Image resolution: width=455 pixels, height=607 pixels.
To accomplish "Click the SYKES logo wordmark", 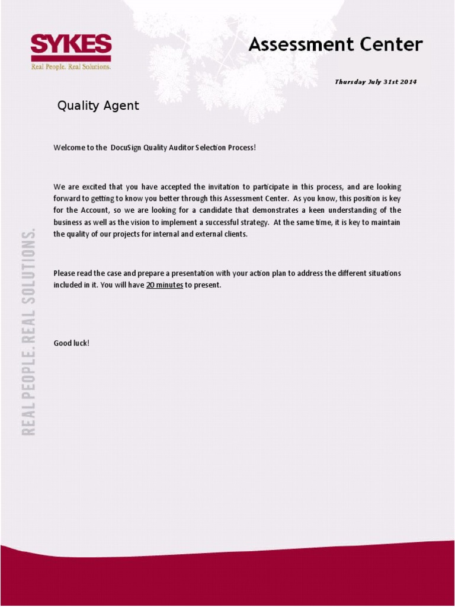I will point(71,44).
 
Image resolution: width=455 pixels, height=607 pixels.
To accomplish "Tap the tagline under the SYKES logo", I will point(71,67).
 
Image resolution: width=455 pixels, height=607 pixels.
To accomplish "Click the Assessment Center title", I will point(335,44).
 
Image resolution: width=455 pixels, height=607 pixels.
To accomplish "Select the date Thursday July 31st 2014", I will point(376,82).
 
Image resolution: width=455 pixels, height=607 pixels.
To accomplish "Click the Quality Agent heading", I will point(98,106).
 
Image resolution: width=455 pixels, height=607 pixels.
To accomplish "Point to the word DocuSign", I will point(126,147).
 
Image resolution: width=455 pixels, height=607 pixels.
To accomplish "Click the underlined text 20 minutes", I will point(165,285).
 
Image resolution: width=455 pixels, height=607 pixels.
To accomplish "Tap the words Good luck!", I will point(71,343).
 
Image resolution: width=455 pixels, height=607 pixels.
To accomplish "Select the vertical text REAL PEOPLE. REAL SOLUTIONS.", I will point(28,332).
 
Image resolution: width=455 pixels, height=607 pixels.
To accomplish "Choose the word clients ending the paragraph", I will point(233,234).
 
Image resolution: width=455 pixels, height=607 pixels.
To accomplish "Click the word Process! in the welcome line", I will point(242,147).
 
